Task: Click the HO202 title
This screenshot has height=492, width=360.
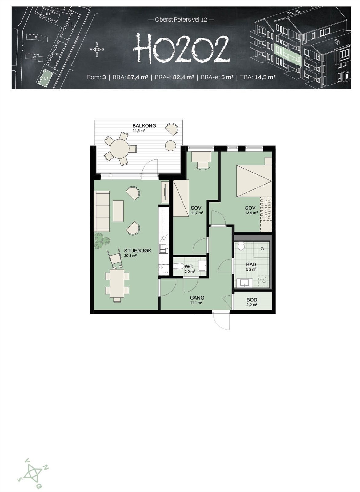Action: coord(182,49)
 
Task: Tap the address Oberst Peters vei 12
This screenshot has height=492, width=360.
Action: coord(181,20)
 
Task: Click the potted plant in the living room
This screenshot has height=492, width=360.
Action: coord(101,240)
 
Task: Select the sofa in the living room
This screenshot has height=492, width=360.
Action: coord(102,211)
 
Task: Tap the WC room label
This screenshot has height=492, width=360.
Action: coord(189,267)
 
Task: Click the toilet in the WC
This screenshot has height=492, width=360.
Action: coord(178,266)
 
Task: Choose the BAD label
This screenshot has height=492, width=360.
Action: coord(251,264)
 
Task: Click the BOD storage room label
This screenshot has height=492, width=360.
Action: coord(252,300)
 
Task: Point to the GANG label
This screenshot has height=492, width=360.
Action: coord(197,298)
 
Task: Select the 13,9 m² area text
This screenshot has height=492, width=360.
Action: coord(251,213)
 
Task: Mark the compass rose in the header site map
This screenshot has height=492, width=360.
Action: coord(97,49)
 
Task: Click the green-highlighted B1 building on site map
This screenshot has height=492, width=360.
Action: coord(47,77)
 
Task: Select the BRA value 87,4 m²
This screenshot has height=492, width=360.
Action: coord(138,77)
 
